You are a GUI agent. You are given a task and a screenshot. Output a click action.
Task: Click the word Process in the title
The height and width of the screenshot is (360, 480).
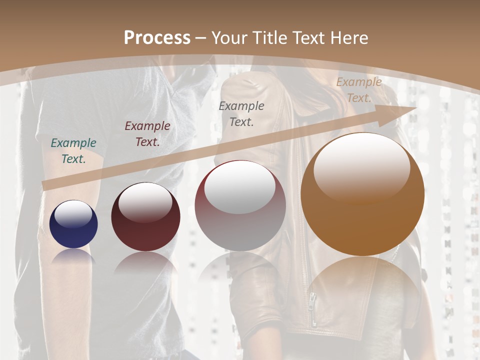point(157,38)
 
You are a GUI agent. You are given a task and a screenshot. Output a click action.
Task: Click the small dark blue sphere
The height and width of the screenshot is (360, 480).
point(73,224)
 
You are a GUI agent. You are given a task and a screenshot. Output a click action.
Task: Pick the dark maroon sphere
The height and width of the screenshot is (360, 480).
point(145,217)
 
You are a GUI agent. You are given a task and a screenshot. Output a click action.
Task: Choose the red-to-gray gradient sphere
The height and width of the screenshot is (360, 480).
point(240,206)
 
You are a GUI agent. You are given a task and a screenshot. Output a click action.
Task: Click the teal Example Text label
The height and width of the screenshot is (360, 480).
point(73,151)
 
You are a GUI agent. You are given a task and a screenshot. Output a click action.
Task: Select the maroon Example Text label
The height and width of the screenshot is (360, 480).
point(147,134)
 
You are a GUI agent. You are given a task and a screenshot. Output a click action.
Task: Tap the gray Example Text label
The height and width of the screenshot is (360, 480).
point(241,113)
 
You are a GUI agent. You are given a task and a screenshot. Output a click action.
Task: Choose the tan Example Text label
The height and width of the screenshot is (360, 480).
point(359,90)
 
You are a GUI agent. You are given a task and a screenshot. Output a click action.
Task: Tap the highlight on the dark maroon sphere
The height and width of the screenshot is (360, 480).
point(145,202)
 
